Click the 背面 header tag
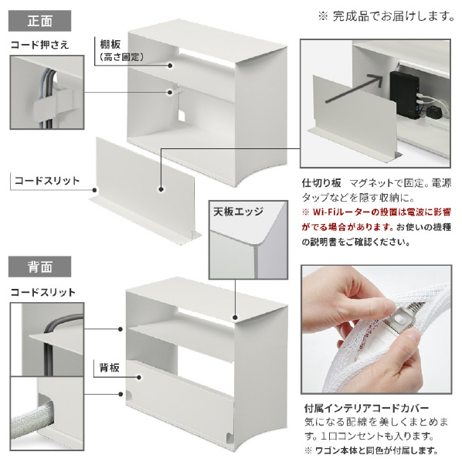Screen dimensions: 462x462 pyautogui.click(x=39, y=267)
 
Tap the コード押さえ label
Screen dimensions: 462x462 pyautogui.click(x=39, y=45)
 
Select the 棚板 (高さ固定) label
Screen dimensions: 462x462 pyautogui.click(x=117, y=50)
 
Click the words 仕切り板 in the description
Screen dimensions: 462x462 pyautogui.click(x=320, y=184)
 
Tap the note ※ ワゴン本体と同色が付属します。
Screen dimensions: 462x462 pyautogui.click(x=372, y=450)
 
